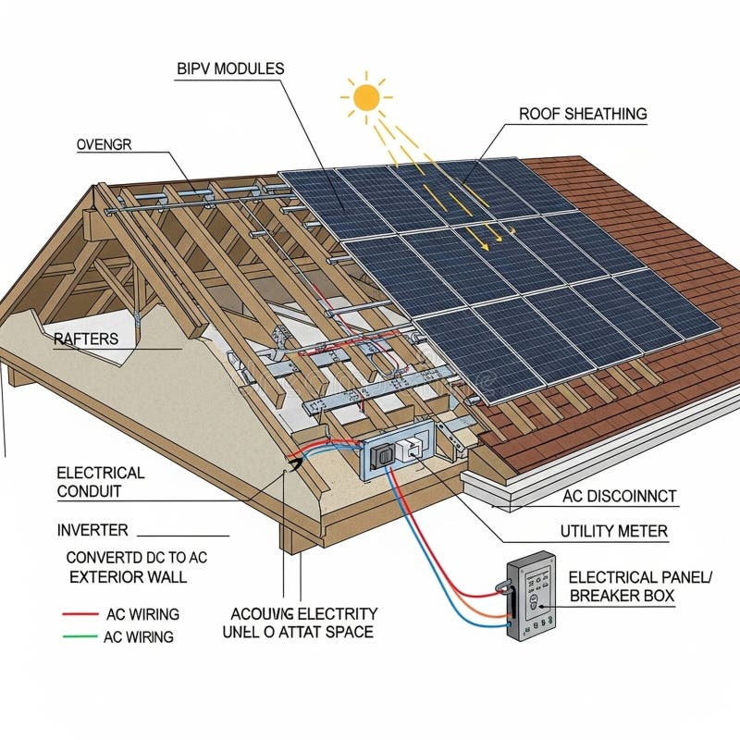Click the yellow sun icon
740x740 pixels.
coord(366,95)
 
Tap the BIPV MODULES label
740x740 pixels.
coord(229,68)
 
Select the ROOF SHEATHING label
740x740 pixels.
coord(583,114)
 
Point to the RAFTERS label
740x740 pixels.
coord(86,339)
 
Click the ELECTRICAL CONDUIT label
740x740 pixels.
coord(101,482)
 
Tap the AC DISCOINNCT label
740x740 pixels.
coord(620,497)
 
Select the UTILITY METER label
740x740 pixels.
coord(614,532)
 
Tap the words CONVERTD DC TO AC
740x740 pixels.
coord(137,557)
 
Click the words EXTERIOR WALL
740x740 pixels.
coord(129,577)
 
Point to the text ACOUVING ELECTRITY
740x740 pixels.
coord(303,612)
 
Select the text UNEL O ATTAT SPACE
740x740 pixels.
coord(298,633)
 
